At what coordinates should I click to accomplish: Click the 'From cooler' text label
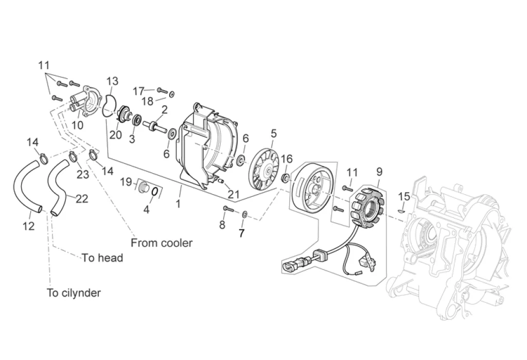(162, 243)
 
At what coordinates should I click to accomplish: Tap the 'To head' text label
(103, 258)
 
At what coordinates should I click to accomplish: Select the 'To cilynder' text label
(74, 293)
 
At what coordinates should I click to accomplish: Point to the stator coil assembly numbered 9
(367, 205)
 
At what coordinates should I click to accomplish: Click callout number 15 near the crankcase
(404, 196)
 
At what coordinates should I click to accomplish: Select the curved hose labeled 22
(60, 187)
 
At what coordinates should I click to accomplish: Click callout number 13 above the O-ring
(113, 81)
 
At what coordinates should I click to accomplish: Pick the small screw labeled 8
(228, 209)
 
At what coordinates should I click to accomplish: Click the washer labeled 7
(244, 214)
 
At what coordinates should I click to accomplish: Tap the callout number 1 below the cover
(179, 203)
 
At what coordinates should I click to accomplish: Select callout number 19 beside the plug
(126, 182)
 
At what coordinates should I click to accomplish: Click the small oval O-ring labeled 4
(154, 192)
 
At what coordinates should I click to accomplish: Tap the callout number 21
(234, 194)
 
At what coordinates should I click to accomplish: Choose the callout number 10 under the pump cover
(78, 125)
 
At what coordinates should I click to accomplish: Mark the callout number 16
(287, 159)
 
